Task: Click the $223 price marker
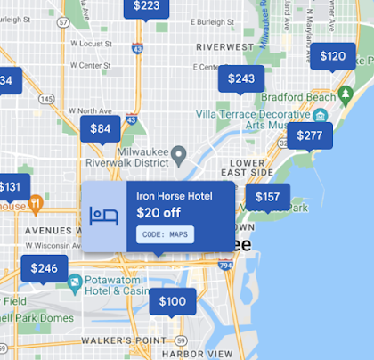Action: (147, 7)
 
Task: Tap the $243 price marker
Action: (241, 79)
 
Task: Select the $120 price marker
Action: (332, 57)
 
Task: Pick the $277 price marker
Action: (310, 135)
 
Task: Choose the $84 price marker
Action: (101, 129)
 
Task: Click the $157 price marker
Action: (267, 197)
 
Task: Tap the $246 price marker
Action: (45, 268)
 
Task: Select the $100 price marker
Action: (172, 302)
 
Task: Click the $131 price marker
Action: (11, 187)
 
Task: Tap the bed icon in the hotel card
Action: (104, 216)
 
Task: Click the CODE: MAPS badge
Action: (166, 233)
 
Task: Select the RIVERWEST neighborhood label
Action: (224, 46)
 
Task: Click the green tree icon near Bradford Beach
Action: (345, 94)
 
